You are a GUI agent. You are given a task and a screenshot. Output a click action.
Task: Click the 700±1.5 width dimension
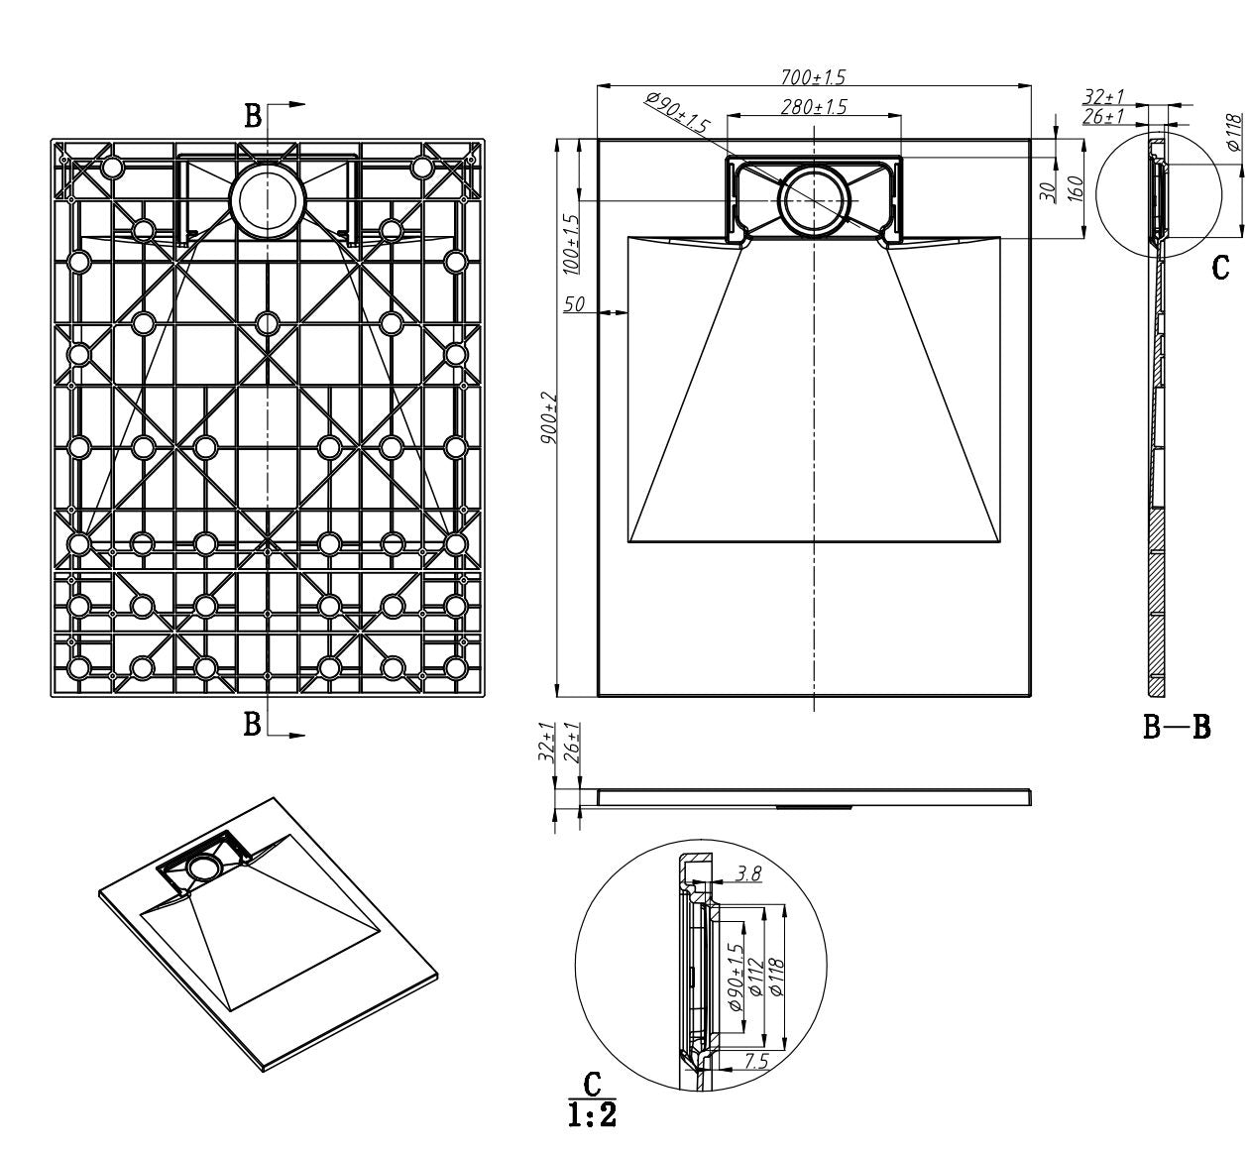click(813, 76)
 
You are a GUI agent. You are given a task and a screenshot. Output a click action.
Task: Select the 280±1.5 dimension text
click(814, 107)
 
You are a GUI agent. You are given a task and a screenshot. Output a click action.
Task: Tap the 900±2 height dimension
click(549, 417)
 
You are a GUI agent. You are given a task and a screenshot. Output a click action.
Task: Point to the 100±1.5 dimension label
click(571, 244)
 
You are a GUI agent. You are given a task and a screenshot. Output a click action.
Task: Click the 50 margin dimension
click(574, 304)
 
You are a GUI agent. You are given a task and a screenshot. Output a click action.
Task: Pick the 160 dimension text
click(1076, 188)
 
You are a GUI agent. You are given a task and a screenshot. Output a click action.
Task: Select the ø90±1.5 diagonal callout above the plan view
click(677, 113)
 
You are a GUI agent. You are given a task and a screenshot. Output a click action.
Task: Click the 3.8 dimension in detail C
click(747, 873)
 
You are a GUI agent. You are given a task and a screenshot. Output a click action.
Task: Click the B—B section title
click(1176, 727)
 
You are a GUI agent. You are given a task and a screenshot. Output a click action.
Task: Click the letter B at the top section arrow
click(253, 116)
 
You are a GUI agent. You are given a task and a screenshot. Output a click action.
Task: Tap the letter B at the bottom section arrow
click(252, 725)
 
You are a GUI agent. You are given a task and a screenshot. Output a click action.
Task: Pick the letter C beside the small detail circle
click(1220, 268)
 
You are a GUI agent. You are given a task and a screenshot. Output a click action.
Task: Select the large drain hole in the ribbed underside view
click(268, 201)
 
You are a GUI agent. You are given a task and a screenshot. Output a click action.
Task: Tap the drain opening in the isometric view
click(204, 867)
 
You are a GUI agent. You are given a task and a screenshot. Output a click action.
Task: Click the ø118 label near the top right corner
click(1235, 132)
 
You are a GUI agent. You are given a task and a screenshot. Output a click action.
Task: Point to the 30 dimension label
click(1047, 192)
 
